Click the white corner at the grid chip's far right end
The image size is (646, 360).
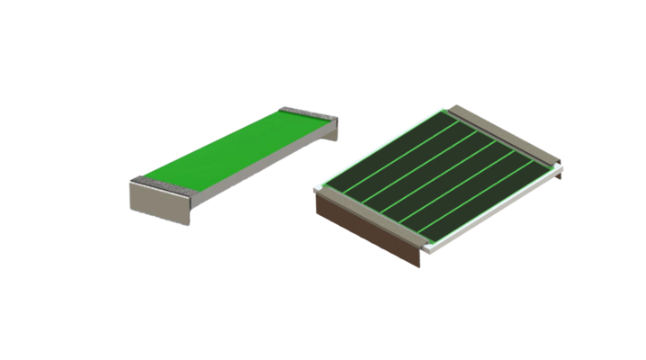pyautogui.click(x=559, y=165)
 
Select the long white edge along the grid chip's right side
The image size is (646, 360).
pyautogui.click(x=495, y=209)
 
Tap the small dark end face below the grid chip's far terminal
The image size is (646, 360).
pyautogui.click(x=559, y=172)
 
